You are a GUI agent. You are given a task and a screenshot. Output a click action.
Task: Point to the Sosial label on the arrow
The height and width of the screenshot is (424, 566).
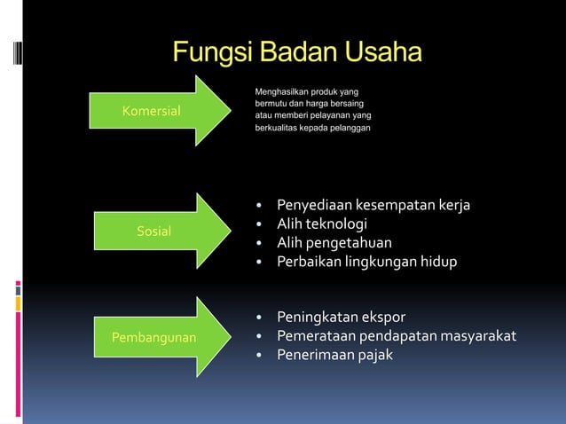[x=154, y=232]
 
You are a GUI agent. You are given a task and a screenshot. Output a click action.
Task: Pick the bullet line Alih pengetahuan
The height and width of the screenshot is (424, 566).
[x=334, y=243]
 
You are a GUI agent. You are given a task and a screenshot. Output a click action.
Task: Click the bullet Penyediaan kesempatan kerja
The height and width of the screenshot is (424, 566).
[x=373, y=206]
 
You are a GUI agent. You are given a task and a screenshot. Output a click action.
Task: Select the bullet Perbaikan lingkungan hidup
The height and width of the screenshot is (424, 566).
[x=366, y=262]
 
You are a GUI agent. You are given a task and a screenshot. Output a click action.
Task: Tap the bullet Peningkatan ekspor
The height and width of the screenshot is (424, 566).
[x=342, y=318]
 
